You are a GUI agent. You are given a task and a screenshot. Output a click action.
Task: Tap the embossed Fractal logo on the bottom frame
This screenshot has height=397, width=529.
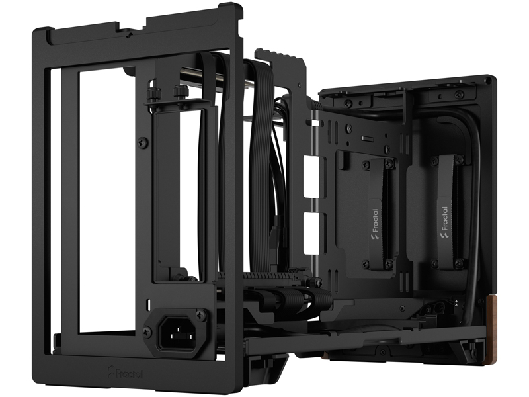tap(125, 372)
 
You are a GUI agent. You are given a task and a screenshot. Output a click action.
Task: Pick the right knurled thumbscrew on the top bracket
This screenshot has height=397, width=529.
tap(178, 92)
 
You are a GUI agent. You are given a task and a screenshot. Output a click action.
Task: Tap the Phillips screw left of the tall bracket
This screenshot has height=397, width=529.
tap(143, 142)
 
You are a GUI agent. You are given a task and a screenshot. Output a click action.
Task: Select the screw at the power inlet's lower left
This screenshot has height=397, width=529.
tap(148, 332)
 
